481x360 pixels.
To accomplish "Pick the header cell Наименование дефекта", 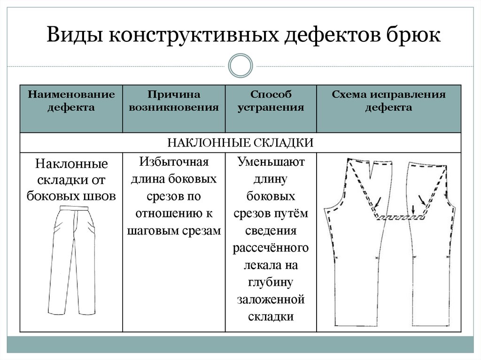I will [71, 101].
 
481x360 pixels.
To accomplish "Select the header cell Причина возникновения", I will [174, 101].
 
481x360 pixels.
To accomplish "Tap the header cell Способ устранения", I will [271, 101].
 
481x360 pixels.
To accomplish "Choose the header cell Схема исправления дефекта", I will [388, 101].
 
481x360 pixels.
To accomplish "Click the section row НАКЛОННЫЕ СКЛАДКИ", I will [240, 143].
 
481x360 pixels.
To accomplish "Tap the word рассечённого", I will [271, 247].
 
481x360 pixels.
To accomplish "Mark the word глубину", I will [271, 282].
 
